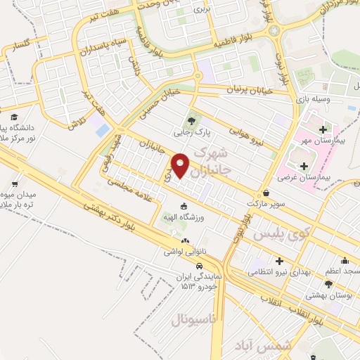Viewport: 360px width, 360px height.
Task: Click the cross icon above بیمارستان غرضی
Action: [x=304, y=166]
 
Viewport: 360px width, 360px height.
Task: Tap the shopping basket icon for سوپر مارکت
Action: [x=266, y=192]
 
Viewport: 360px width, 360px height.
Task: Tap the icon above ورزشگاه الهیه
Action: [x=184, y=206]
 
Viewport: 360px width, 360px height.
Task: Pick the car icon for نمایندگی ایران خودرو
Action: [x=200, y=266]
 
